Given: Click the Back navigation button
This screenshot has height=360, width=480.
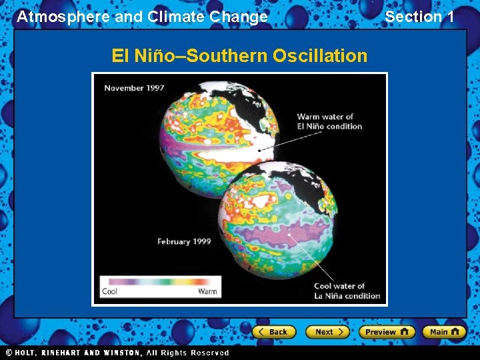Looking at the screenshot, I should point(274,332).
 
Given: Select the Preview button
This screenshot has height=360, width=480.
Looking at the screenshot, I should point(387,332).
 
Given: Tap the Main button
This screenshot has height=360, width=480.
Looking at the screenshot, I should point(443,332).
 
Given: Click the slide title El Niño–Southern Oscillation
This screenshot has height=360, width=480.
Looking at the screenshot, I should point(239,56).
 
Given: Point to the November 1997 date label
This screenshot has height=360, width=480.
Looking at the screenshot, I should point(134,88).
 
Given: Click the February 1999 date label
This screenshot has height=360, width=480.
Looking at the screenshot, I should point(184,241).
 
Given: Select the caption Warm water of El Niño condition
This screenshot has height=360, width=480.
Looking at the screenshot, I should point(329,121).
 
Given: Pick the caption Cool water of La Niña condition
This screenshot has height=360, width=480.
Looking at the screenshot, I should point(347,291).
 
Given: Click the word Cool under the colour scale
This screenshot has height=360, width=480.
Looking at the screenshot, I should point(109,291).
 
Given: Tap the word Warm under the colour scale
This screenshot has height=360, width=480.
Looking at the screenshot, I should point(207,291).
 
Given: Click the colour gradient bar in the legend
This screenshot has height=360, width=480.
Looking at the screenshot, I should point(159,282).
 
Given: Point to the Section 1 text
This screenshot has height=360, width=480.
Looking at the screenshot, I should point(419,17).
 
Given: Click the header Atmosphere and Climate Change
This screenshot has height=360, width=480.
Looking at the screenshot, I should point(142,17).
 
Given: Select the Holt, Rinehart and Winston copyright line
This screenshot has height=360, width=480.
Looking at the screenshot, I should point(117,353).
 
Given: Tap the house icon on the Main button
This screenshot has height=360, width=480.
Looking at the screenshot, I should point(456,332).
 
